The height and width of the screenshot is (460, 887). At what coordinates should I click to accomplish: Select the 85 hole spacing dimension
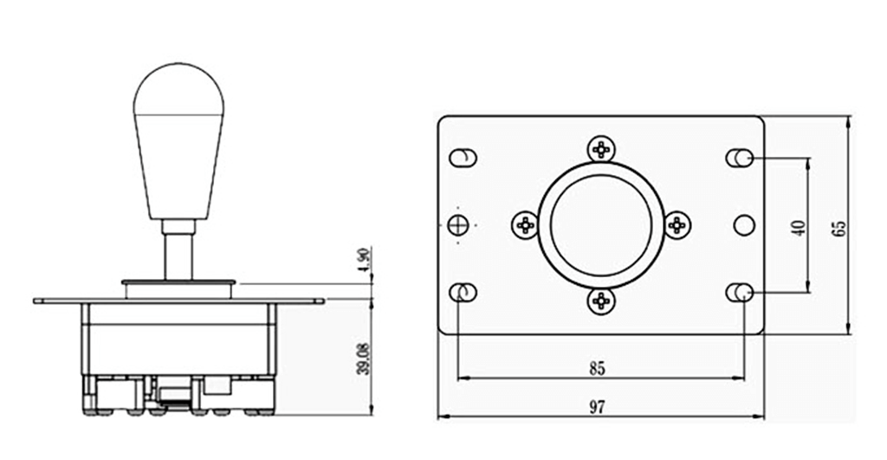pyautogui.click(x=597, y=368)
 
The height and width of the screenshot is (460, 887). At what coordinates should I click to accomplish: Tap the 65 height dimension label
pyautogui.click(x=838, y=227)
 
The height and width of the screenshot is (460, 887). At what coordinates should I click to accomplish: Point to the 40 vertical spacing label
pyautogui.click(x=799, y=227)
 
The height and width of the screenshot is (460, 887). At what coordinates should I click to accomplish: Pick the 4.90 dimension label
pyautogui.click(x=364, y=261)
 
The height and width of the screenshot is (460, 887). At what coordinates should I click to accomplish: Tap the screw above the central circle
pyautogui.click(x=600, y=149)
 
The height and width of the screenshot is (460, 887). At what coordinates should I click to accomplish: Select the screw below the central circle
pyautogui.click(x=600, y=301)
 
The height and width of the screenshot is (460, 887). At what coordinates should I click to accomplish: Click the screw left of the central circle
pyautogui.click(x=525, y=225)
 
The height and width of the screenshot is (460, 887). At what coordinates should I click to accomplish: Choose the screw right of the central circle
pyautogui.click(x=677, y=225)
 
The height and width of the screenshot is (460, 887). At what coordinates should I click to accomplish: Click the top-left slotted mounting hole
pyautogui.click(x=463, y=158)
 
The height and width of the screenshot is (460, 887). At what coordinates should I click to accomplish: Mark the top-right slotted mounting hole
pyautogui.click(x=739, y=158)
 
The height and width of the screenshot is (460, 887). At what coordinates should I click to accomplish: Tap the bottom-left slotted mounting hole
pyautogui.click(x=463, y=293)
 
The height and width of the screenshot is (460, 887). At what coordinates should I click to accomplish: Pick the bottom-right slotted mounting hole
pyautogui.click(x=739, y=293)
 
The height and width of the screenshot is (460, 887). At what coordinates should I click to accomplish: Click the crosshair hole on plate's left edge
pyautogui.click(x=459, y=225)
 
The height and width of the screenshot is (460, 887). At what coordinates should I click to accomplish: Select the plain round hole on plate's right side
pyautogui.click(x=744, y=225)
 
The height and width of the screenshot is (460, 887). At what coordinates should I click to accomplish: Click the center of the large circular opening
pyautogui.click(x=600, y=225)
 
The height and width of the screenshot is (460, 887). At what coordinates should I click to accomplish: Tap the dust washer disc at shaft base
pyautogui.click(x=178, y=282)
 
